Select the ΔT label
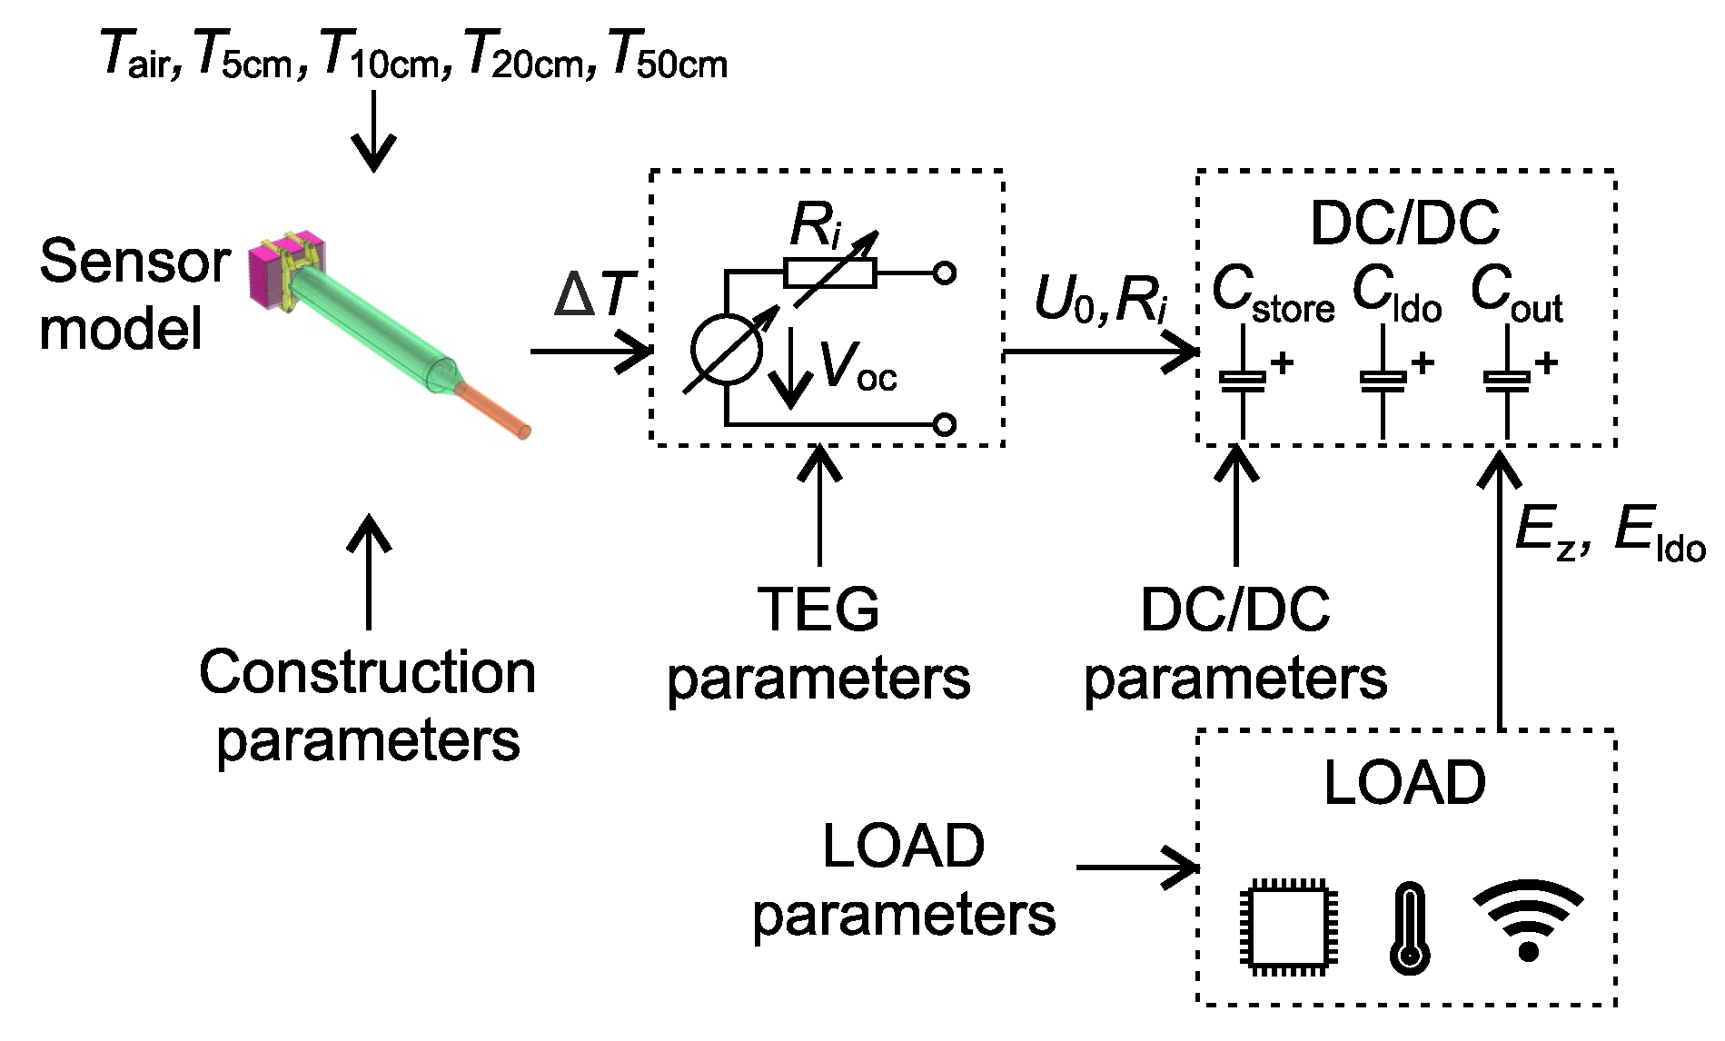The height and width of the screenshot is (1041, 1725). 595,294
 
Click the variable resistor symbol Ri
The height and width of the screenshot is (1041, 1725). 830,273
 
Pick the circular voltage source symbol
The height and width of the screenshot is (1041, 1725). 727,350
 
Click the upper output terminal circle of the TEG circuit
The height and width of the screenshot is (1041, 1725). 945,273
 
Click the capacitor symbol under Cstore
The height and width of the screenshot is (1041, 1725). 1243,380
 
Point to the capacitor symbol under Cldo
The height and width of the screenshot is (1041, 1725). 1383,380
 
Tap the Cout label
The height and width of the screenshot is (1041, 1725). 1515,292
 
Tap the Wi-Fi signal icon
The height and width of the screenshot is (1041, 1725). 1528,919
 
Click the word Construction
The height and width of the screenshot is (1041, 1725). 367,673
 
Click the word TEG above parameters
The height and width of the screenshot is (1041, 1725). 818,610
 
